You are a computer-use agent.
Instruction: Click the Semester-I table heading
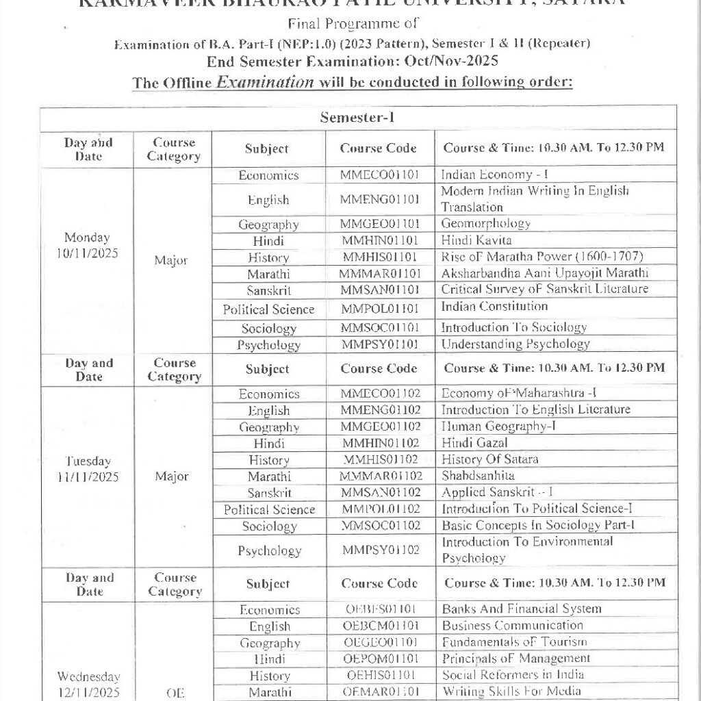pyautogui.click(x=357, y=117)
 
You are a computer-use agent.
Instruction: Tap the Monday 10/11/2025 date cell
pyautogui.click(x=88, y=245)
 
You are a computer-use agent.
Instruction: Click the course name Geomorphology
pyautogui.click(x=485, y=223)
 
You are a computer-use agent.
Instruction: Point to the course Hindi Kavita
pyautogui.click(x=476, y=240)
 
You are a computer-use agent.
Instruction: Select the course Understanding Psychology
pyautogui.click(x=515, y=344)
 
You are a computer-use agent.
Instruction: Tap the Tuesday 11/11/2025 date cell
pyautogui.click(x=88, y=469)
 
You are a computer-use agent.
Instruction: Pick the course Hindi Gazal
pyautogui.click(x=475, y=443)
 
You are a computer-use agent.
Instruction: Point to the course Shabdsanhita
pyautogui.click(x=479, y=475)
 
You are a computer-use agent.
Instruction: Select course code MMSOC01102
pyautogui.click(x=380, y=526)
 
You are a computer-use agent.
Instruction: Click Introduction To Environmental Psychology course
pyautogui.click(x=527, y=550)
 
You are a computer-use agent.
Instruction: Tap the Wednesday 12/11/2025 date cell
pyautogui.click(x=88, y=685)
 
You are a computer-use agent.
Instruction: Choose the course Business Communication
pyautogui.click(x=513, y=625)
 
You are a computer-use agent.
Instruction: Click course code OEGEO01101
pyautogui.click(x=380, y=643)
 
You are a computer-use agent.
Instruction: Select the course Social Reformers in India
pyautogui.click(x=513, y=674)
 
